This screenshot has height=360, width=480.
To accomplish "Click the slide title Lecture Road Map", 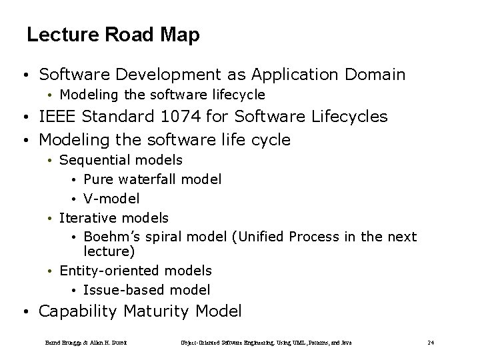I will point(113,35).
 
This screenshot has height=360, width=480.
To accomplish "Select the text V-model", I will point(111,198).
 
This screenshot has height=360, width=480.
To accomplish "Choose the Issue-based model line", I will point(147,289).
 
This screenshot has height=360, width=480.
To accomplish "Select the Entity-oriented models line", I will point(135,270).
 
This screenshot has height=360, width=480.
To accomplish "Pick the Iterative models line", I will point(114,217).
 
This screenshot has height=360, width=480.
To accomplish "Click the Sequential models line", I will point(121,160).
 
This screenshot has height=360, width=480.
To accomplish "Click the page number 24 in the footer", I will point(431,342).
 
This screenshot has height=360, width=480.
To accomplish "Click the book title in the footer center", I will point(267,342).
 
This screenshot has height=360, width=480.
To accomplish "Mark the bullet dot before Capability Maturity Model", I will point(24,311).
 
